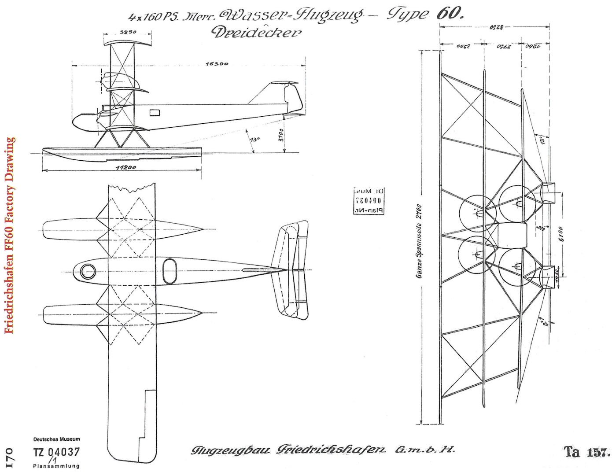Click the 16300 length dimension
click(217, 64)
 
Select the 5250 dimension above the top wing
click(128, 32)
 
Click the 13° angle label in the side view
click(254, 140)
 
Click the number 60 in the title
click(450, 14)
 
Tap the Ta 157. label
click(586, 452)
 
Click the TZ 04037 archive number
click(57, 452)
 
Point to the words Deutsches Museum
click(57, 439)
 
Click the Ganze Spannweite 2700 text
click(419, 241)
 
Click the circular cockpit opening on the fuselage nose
click(88, 272)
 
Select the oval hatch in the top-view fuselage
click(170, 271)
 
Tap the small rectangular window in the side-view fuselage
click(155, 112)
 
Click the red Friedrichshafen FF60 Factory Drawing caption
click(10, 236)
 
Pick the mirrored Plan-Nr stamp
click(369, 201)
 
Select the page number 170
click(8, 458)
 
